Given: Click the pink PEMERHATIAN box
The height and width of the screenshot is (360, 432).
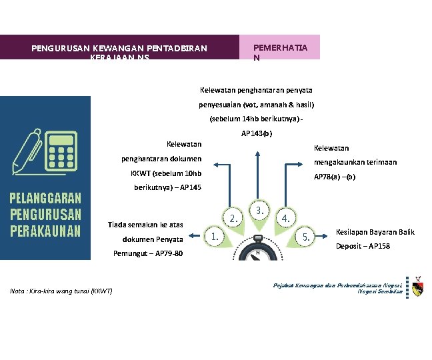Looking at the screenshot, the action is tap(279, 47).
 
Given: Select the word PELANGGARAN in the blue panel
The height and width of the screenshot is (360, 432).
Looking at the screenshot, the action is tap(45, 198).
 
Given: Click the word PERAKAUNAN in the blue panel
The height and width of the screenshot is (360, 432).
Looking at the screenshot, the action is tap(45, 231).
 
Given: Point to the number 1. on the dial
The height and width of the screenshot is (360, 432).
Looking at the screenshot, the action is tap(214, 235).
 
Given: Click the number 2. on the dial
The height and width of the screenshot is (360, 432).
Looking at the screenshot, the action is tap(233, 218).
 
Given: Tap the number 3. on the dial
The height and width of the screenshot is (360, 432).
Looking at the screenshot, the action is tap(259, 210).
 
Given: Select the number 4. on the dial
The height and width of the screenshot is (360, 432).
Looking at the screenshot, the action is tap(285, 218).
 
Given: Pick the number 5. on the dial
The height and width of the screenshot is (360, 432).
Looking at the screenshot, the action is tap(305, 236).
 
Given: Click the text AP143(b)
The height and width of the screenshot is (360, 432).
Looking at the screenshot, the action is tap(257, 133).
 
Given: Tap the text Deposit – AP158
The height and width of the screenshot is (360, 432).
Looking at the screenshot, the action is tap(364, 246).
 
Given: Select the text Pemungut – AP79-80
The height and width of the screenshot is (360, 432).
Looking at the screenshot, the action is tap(147, 253).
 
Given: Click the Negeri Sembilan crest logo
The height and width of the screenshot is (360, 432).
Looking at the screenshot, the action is tap(417, 287).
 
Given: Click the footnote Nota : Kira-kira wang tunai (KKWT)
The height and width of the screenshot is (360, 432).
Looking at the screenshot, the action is tap(61, 291).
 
